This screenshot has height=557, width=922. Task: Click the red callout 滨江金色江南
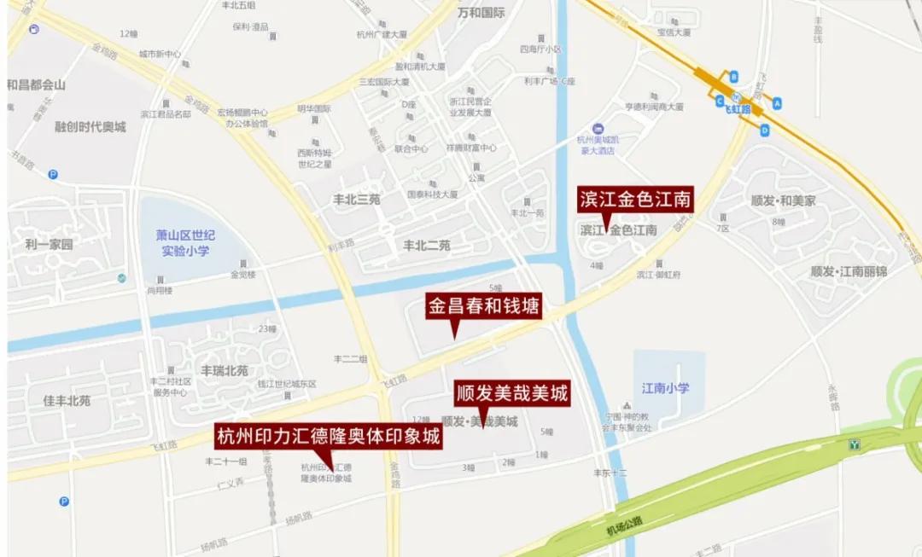(633, 200)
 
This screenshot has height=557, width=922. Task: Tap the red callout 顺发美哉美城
(511, 392)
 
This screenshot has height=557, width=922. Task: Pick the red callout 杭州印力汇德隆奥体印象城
(328, 438)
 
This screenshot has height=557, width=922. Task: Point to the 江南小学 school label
(667, 388)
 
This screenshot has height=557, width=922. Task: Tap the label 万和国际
(481, 13)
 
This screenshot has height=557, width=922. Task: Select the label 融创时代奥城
(90, 126)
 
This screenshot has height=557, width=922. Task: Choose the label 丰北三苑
(356, 200)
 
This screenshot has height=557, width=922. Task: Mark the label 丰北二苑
(426, 246)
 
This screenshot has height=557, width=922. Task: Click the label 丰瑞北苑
(225, 371)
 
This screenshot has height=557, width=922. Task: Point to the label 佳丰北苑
(67, 399)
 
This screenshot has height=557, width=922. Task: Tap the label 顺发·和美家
(783, 201)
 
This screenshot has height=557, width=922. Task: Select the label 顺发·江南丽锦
(849, 271)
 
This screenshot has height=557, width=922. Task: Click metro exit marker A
(777, 103)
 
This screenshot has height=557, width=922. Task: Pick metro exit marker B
(733, 77)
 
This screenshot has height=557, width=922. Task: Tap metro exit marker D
(765, 131)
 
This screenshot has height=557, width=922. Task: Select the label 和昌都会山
(36, 85)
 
